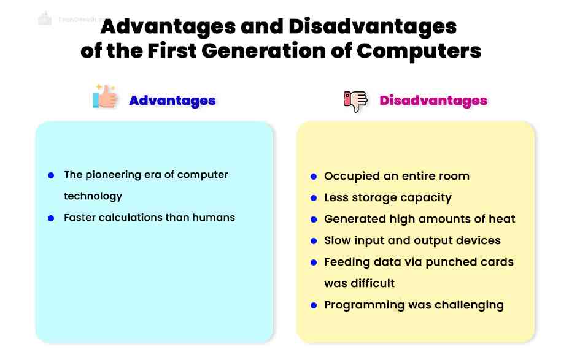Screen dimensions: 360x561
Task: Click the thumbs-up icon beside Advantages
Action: point(105,97)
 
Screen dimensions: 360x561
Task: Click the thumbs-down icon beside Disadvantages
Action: point(355,100)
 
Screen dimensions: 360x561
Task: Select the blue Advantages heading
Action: point(172,101)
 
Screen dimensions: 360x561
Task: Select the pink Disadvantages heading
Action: point(433,101)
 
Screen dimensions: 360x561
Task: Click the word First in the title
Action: point(174,50)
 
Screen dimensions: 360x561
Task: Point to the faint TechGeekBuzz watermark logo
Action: point(45,18)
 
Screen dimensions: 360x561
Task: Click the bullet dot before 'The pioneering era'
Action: point(51,175)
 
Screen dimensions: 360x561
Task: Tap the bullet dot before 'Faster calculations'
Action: point(51,218)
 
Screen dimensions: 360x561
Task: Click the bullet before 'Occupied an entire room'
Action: point(313,177)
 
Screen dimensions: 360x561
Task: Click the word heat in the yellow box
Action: point(501,219)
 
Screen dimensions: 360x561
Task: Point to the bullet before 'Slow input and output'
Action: point(313,241)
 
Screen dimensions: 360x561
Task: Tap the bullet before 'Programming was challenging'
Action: point(313,305)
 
